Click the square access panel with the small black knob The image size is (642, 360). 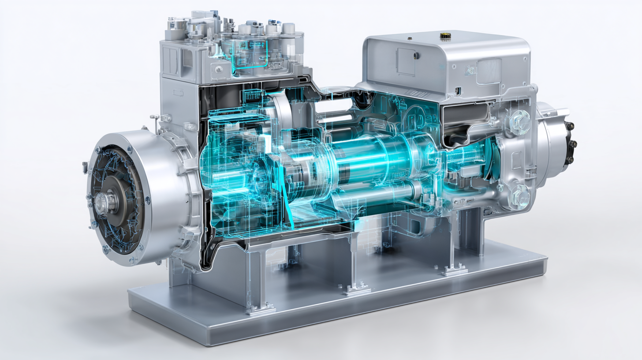(x=407, y=61)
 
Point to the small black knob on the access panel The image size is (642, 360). (x=415, y=56)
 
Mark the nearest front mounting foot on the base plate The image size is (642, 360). (x=261, y=309)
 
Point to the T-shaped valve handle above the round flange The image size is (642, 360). (x=155, y=118)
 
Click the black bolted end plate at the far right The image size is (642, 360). (x=571, y=142)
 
